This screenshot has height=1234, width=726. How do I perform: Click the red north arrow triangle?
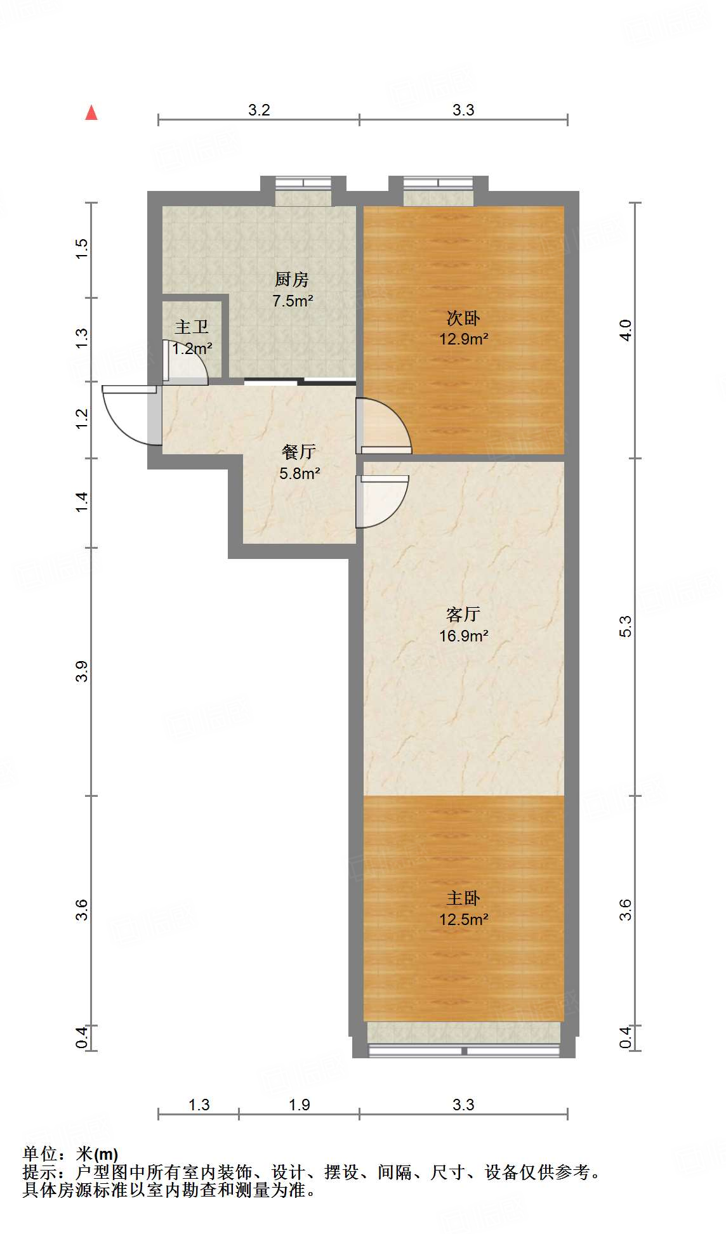(91, 113)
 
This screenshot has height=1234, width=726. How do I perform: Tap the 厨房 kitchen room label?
(292, 279)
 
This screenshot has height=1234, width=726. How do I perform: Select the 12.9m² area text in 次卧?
(463, 339)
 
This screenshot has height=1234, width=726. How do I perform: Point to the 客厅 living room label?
(463, 614)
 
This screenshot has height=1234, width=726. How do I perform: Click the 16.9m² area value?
(463, 636)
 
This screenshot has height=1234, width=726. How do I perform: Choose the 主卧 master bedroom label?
(463, 898)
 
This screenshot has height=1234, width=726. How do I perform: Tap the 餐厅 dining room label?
(299, 452)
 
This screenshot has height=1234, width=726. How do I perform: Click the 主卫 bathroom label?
(192, 327)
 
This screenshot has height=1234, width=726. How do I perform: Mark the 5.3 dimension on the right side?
(626, 626)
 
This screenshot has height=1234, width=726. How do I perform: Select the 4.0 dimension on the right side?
(626, 330)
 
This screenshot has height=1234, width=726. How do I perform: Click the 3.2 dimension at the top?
(259, 110)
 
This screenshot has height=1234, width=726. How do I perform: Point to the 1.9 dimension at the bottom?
(299, 1105)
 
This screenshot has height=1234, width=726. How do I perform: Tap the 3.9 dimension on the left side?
(82, 671)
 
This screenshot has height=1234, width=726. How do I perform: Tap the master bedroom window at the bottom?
(464, 1051)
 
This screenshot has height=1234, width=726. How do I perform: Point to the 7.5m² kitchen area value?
(293, 301)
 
